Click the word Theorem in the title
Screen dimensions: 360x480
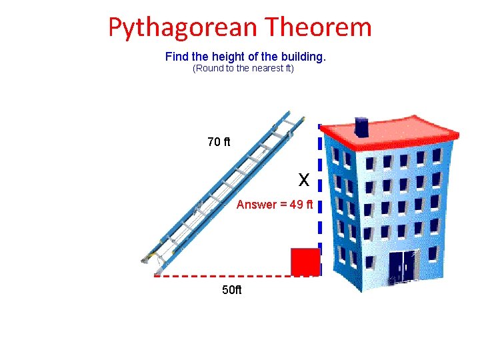point(318,27)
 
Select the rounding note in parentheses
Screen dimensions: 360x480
point(243,69)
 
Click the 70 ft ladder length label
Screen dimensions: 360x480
point(219,141)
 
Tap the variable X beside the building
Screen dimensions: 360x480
point(304,180)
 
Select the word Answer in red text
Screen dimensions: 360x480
point(257,205)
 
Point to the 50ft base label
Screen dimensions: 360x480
point(232,290)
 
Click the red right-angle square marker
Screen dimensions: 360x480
point(305,261)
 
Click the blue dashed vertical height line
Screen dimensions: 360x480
point(320,200)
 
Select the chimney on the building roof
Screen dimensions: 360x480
point(361,127)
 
